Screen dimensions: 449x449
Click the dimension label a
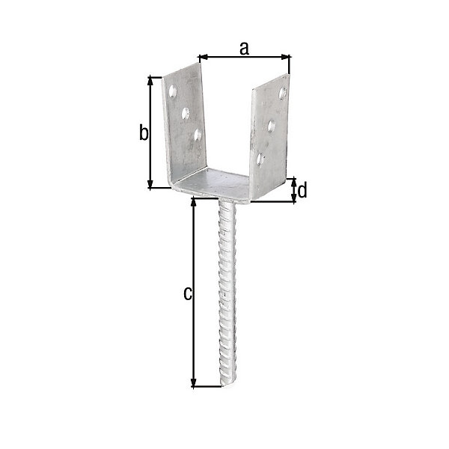[x=244, y=49]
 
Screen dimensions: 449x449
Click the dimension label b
[x=144, y=132]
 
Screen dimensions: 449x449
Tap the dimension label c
[x=188, y=294]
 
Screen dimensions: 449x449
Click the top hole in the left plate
[x=172, y=91]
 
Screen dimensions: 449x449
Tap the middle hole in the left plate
[x=186, y=114]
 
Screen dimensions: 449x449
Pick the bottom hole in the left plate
[x=198, y=135]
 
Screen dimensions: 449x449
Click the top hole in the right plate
[x=282, y=94]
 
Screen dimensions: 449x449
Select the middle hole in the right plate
[x=271, y=126]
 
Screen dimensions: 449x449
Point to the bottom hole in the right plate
[x=260, y=159]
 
